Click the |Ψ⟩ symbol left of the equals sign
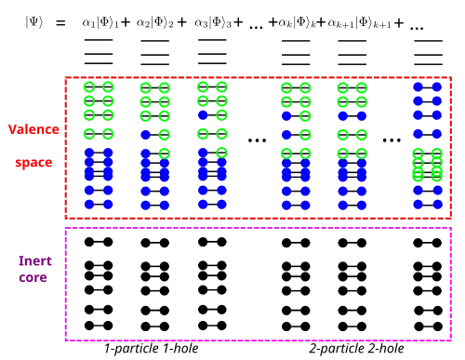click(x=34, y=22)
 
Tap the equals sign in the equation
click(x=60, y=23)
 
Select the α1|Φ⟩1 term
click(x=100, y=23)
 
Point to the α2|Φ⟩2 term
click(x=155, y=23)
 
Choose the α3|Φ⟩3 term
click(x=213, y=23)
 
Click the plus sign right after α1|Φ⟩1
click(x=126, y=22)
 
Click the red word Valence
click(x=33, y=129)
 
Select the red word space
click(x=33, y=163)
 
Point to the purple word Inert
click(x=35, y=260)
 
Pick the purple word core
click(x=33, y=277)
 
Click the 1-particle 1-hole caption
click(x=152, y=349)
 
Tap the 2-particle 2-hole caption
click(x=356, y=349)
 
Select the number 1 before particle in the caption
click(x=108, y=348)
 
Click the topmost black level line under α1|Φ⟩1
click(x=99, y=40)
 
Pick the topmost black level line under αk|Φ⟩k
click(x=296, y=41)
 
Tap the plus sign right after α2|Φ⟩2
click(x=182, y=22)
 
